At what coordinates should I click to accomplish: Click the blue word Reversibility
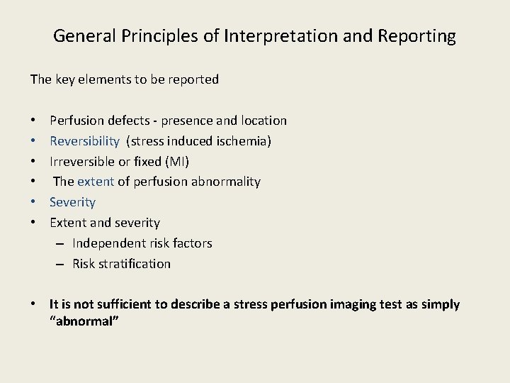coord(85,141)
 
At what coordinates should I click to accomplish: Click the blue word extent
coord(95,182)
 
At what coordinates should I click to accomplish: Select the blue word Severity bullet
coord(72,202)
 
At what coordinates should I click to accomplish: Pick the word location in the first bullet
coord(263,121)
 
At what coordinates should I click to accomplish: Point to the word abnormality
coord(225,182)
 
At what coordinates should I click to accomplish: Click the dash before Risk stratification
coord(59,264)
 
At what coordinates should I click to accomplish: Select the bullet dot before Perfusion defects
coord(34,121)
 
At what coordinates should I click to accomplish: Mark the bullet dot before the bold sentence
coord(34,304)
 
